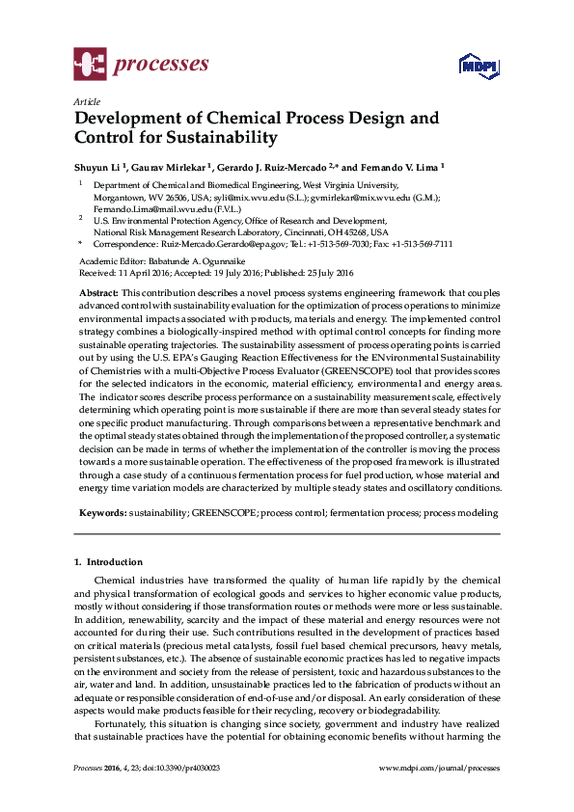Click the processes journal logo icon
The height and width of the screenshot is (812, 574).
(91, 66)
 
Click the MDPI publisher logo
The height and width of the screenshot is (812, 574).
(477, 66)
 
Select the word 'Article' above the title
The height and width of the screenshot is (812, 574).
(86, 101)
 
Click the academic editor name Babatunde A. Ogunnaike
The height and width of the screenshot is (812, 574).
(191, 261)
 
